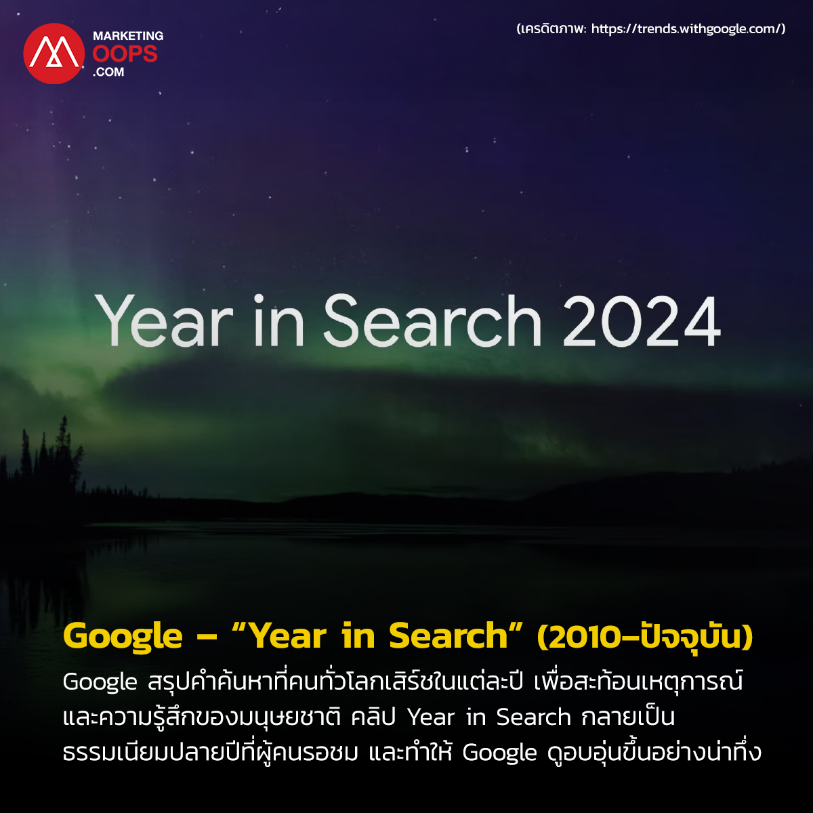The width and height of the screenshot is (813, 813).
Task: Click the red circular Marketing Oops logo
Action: (54, 54)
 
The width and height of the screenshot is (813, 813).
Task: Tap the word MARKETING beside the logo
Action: (128, 36)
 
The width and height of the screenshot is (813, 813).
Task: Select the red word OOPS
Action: (125, 54)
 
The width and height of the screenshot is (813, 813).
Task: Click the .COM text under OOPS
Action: (108, 72)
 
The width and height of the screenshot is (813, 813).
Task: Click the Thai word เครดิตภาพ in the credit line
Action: (553, 28)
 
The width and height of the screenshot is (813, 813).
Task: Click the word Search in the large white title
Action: (432, 320)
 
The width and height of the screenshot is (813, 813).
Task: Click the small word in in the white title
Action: (278, 320)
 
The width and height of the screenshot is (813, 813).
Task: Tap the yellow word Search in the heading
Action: (448, 635)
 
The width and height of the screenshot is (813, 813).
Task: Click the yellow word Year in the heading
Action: (289, 635)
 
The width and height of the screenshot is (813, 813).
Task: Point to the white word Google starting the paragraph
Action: (100, 684)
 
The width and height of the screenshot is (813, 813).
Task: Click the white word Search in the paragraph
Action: (533, 717)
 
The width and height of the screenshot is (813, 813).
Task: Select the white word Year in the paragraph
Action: (431, 718)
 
